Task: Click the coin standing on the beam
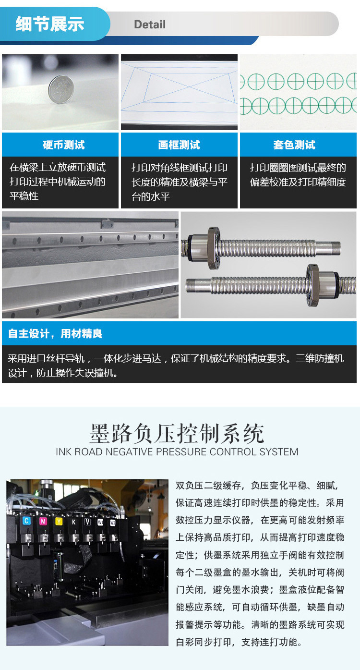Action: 61,89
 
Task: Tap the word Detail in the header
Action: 150,24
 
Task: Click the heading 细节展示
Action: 50,24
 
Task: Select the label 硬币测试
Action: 64,145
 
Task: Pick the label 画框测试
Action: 179,145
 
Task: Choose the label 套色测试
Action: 294,145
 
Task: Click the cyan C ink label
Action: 26,521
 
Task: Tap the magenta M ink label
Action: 43,521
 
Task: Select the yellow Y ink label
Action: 59,522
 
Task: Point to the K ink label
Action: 73,522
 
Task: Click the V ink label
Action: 88,522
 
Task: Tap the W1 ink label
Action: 100,523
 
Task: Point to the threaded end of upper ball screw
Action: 328,248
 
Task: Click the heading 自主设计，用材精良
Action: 55,333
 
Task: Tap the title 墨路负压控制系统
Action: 177,433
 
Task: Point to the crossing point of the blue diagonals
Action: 189,87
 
